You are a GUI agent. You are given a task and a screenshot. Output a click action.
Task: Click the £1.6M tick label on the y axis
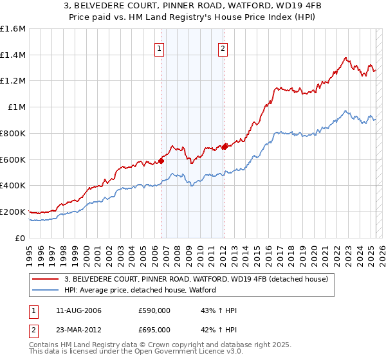[13, 29]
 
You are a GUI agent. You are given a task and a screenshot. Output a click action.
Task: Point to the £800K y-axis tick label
[13, 133]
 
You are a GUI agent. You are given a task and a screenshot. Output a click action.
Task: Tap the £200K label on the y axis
[13, 212]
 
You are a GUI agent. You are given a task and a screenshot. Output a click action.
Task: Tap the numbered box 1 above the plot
[159, 47]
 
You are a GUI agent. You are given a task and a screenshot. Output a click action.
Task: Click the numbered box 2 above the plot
[222, 47]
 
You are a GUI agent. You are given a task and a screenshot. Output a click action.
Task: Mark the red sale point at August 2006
[161, 161]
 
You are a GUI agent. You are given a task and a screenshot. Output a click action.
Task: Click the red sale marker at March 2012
[225, 147]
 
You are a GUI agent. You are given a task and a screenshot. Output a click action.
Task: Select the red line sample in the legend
[45, 279]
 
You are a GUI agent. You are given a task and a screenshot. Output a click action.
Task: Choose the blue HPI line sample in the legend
[45, 290]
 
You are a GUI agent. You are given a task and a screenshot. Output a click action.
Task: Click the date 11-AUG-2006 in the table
[79, 311]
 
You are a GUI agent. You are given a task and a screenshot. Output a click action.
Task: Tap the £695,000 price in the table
[154, 329]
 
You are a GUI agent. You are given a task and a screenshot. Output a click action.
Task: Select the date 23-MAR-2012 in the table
[79, 329]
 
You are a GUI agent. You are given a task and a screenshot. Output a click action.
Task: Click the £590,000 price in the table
[154, 311]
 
